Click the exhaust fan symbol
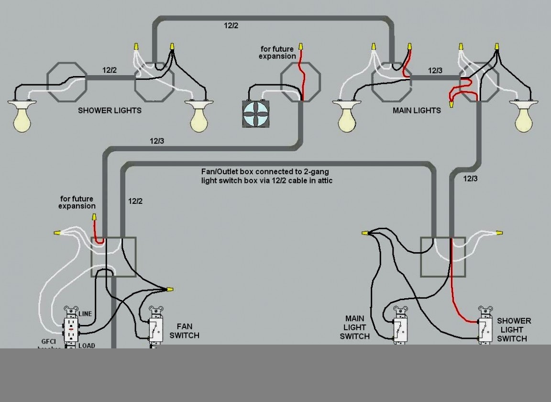point(255,113)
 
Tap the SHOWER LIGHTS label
point(110,111)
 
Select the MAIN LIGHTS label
point(417,111)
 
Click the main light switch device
point(400,326)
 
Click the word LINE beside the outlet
point(85,314)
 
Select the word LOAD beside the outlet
point(87,346)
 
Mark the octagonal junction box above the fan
point(300,82)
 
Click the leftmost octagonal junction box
point(67,82)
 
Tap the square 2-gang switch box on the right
point(442,257)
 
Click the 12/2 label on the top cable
point(231,26)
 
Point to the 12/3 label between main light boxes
point(435,71)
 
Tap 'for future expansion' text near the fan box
point(277,53)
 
